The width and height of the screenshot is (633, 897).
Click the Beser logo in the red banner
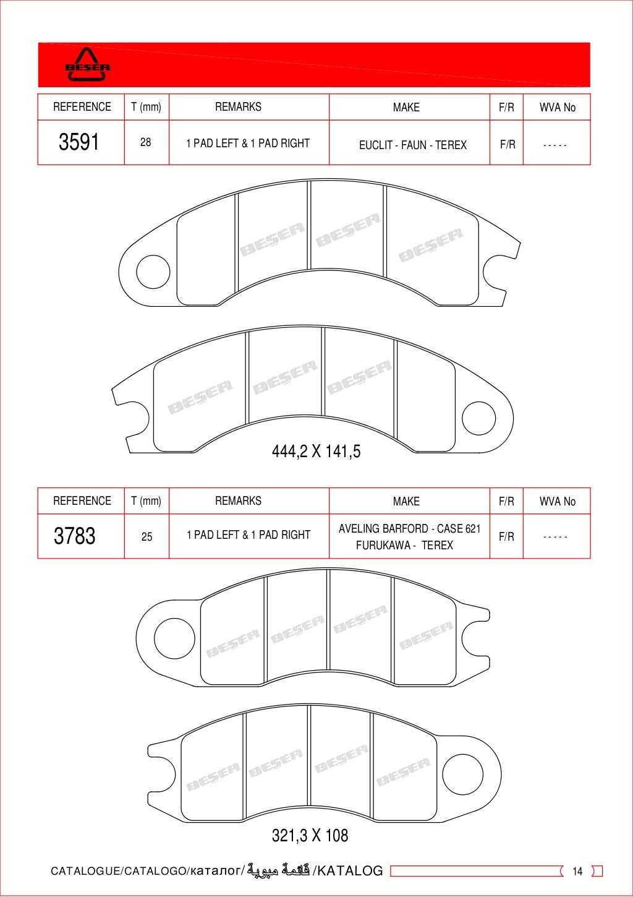[88, 65]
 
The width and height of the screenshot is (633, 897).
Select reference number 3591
[79, 142]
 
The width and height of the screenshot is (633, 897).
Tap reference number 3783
[75, 536]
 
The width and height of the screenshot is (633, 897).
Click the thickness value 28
[146, 142]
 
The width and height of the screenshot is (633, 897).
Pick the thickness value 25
[147, 536]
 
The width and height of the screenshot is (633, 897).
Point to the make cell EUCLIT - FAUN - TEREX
[412, 145]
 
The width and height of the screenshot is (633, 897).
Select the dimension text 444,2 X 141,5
[316, 451]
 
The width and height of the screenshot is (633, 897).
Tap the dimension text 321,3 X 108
[310, 836]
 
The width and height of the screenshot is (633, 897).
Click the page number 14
[577, 871]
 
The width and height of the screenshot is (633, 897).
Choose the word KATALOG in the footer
[350, 871]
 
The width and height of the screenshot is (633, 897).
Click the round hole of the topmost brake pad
[153, 272]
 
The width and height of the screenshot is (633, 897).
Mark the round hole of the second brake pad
[479, 418]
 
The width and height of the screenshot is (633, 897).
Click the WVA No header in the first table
[557, 107]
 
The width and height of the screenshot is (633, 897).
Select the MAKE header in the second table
[406, 501]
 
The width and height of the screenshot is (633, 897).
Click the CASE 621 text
[459, 529]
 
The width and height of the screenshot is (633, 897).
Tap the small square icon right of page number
[597, 871]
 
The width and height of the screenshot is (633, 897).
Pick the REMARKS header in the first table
[238, 107]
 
